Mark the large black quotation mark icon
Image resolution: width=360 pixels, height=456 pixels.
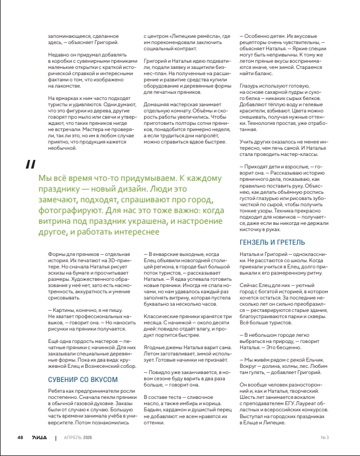point(31,164)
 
